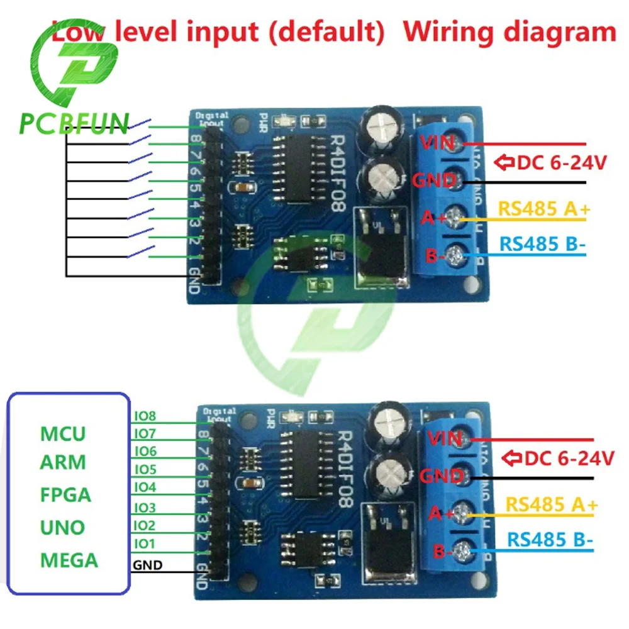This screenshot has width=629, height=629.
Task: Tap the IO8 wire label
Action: coord(145,416)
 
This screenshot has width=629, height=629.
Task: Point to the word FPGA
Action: coord(65,494)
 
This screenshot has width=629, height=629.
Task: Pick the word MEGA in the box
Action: coord(69,559)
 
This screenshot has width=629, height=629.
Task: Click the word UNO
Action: coord(63,526)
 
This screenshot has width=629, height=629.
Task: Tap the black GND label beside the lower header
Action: coord(147,565)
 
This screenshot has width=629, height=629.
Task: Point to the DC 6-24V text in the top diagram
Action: coord(561,164)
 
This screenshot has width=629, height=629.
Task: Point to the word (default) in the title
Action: coord(328,31)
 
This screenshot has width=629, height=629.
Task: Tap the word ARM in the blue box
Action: coord(62,463)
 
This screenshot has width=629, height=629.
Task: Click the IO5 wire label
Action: coord(145,470)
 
